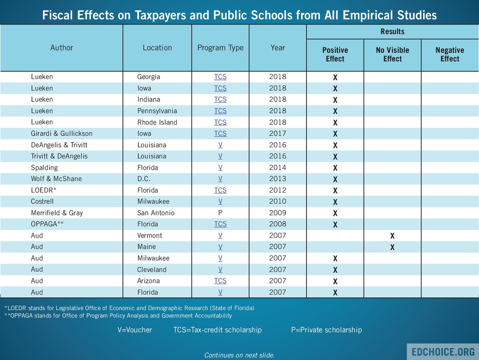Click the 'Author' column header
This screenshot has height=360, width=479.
tap(62, 48)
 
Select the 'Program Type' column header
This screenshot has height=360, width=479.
tap(220, 48)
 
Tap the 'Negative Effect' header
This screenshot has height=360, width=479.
tap(450, 54)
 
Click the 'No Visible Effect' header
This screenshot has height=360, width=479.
tap(392, 54)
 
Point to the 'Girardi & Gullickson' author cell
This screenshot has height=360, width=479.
tap(62, 134)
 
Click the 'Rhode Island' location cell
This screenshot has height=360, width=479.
tap(157, 122)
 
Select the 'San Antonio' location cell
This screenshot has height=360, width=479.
tap(156, 213)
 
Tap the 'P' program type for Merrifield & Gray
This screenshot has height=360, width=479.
tap(220, 213)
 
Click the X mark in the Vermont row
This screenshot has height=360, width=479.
tap(392, 236)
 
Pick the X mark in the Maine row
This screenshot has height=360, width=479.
tap(392, 247)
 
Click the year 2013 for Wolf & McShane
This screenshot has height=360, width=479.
tap(277, 179)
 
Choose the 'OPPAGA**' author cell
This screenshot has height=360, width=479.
tap(47, 224)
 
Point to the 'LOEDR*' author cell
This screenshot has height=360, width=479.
tap(44, 190)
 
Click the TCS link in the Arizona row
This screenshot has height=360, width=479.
tap(220, 281)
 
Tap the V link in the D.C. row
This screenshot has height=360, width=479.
tap(220, 179)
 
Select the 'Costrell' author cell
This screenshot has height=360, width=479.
tap(43, 202)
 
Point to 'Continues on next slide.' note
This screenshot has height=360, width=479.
tap(239, 355)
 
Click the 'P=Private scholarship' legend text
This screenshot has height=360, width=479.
tap(327, 330)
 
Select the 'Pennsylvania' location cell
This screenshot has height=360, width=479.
tap(157, 111)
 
